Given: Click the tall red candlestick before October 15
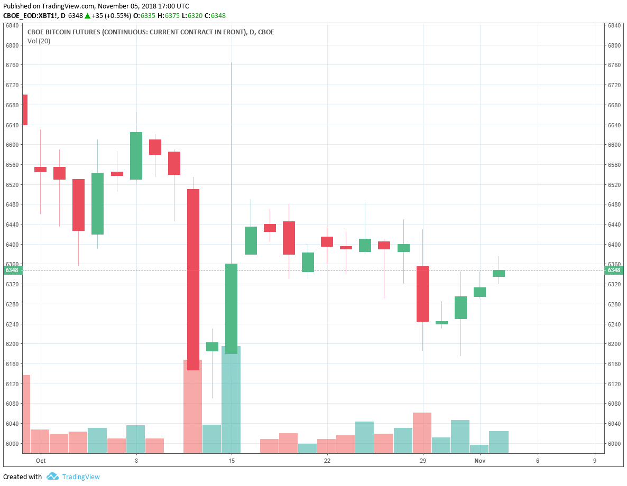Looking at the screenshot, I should click(x=193, y=279).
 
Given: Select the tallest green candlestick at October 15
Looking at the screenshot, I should click(x=231, y=309).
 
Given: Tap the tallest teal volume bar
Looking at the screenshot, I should click(x=231, y=399).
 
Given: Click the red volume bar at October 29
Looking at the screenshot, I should click(x=422, y=432).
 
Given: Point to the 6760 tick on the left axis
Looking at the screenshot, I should click(x=12, y=65).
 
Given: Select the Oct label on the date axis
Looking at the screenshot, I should click(x=41, y=461).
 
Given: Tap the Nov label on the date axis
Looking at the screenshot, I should click(x=480, y=461).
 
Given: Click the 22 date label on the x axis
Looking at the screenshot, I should click(x=327, y=461).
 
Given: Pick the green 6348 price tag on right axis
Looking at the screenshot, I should click(x=614, y=270).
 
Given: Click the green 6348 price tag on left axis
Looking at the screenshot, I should click(x=12, y=270).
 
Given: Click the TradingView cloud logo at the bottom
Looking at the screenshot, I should click(x=52, y=476).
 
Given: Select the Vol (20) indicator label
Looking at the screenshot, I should click(x=39, y=41).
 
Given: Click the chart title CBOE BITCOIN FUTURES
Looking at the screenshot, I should click(x=151, y=32).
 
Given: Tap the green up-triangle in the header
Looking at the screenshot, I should click(x=88, y=15).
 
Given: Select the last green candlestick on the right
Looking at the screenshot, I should click(x=499, y=273).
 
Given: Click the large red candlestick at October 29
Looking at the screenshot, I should click(x=422, y=294).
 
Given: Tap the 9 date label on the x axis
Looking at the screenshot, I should click(x=595, y=461).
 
